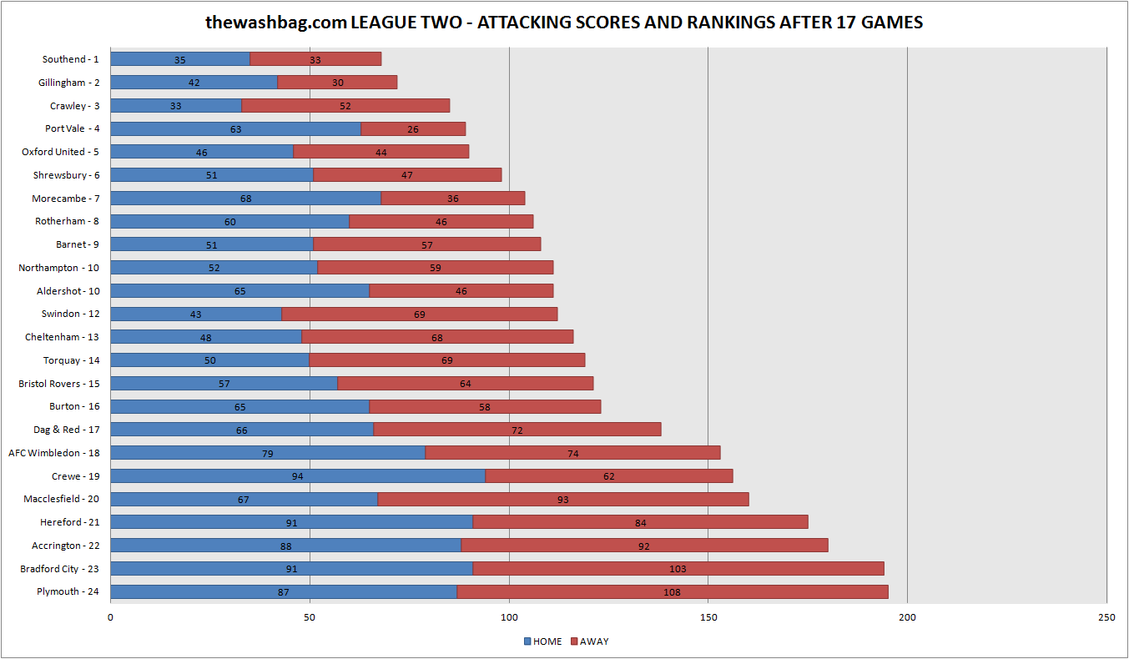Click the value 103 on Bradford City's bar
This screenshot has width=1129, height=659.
pos(678,569)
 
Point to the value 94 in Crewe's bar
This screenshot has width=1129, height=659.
pos(297,476)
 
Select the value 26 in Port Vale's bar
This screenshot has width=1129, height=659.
pos(413,129)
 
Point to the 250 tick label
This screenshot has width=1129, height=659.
pos(1106,617)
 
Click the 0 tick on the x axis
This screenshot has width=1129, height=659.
pos(110,617)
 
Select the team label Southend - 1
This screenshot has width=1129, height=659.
pos(70,59)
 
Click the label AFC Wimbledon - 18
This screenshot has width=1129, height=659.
pos(53,453)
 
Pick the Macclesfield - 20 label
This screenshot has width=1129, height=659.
pos(61,499)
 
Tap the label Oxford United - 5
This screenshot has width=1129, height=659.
pos(59,152)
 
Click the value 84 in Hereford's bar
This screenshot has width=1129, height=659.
pos(640,523)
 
